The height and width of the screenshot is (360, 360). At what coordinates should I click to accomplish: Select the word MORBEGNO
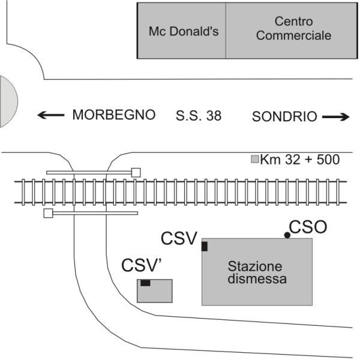coord(114,115)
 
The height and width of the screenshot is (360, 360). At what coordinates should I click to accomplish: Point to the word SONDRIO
coord(284,117)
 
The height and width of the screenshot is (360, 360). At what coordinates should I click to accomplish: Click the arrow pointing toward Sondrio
coord(335,118)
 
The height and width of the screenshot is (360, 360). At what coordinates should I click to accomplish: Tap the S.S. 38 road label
coord(199,115)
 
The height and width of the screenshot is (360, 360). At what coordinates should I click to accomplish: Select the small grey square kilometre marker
coord(254,160)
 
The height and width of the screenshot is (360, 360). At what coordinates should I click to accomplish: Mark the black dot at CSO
coord(287,235)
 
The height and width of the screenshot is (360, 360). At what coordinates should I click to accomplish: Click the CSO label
coord(308,227)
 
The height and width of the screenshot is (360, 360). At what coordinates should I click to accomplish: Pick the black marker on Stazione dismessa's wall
coord(205,246)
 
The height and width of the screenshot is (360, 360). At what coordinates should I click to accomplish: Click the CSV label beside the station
coord(179,239)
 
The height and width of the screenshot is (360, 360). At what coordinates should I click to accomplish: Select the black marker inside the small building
coord(145,283)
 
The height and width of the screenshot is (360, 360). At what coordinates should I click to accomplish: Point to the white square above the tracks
coord(136,172)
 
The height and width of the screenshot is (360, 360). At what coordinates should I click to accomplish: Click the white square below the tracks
coord(48,212)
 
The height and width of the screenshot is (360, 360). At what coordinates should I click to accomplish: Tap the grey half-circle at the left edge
coord(7,101)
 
